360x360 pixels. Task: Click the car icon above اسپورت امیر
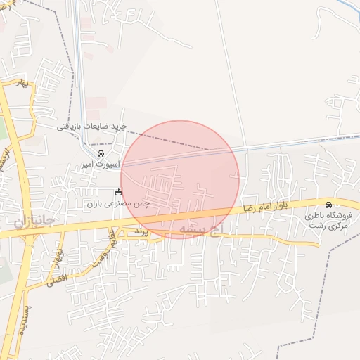tap(101, 153)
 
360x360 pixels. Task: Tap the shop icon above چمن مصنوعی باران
tap(118, 192)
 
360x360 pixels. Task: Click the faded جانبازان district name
tap(33, 221)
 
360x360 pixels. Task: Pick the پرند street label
tap(143, 231)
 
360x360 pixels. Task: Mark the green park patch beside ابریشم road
tap(3, 130)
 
